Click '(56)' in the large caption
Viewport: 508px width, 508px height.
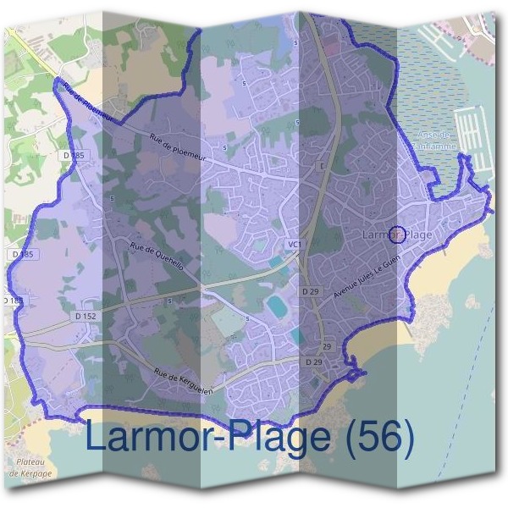pyautogui.click(x=374, y=438)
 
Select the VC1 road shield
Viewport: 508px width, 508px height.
pyautogui.click(x=294, y=245)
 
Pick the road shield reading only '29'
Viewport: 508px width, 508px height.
pyautogui.click(x=326, y=347)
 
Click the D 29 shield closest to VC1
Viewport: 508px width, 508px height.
pyautogui.click(x=311, y=291)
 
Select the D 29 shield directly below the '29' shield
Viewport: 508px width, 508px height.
pyautogui.click(x=313, y=362)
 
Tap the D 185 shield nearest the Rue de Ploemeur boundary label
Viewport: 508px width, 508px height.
pyautogui.click(x=75, y=156)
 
